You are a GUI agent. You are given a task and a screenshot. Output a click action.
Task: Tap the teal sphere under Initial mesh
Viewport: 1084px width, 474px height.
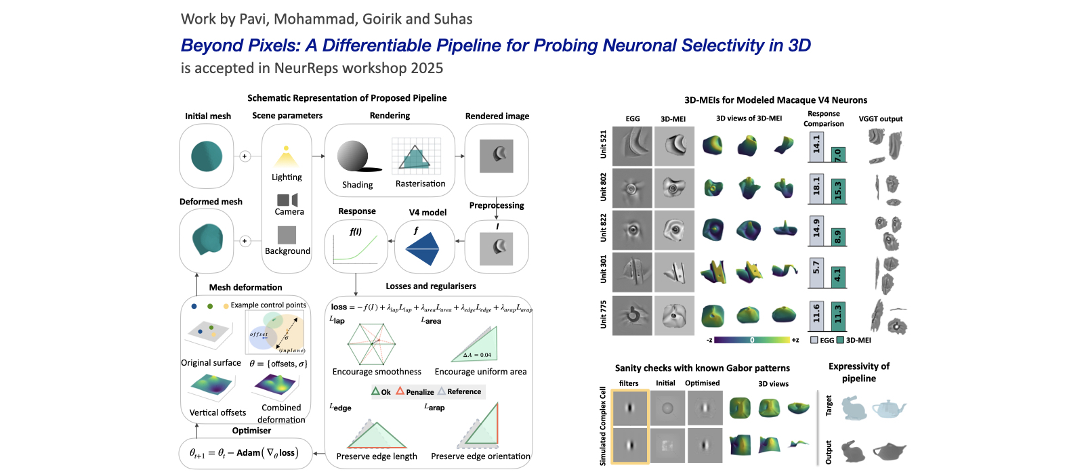[x=207, y=156]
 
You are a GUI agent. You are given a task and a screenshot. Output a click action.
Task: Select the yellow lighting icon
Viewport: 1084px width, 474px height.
[x=287, y=158]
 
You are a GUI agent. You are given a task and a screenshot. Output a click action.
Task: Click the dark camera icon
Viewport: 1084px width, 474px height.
[x=287, y=200]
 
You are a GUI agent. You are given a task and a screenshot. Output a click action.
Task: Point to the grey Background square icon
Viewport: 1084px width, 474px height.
[x=287, y=234]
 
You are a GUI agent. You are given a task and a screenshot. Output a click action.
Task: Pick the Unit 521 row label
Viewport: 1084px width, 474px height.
[x=603, y=145]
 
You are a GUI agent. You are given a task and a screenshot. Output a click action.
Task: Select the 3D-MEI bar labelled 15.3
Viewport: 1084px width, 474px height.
[x=838, y=191]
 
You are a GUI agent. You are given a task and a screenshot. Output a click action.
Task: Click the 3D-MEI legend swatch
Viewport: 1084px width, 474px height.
[x=840, y=340]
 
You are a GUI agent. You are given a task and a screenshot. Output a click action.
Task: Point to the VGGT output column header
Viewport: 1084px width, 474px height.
[x=880, y=119]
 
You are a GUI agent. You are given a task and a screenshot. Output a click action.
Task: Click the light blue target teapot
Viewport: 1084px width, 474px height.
[x=888, y=408]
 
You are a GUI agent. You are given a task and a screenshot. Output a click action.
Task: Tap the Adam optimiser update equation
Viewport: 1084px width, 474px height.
[x=244, y=452]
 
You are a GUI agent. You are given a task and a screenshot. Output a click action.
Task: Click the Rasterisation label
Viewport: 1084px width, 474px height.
[x=420, y=184]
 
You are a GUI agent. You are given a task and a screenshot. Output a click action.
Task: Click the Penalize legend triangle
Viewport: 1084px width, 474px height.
[x=400, y=391]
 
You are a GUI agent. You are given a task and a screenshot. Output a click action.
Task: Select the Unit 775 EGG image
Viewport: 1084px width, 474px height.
[x=632, y=316]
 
